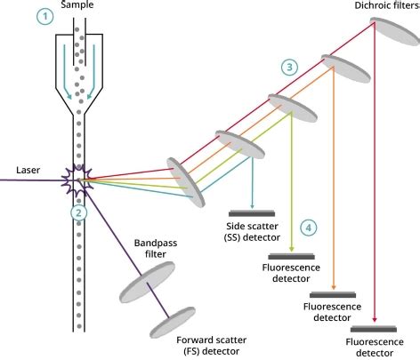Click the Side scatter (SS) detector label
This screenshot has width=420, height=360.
coord(254,232)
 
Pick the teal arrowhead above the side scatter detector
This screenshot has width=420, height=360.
coord(253,210)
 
